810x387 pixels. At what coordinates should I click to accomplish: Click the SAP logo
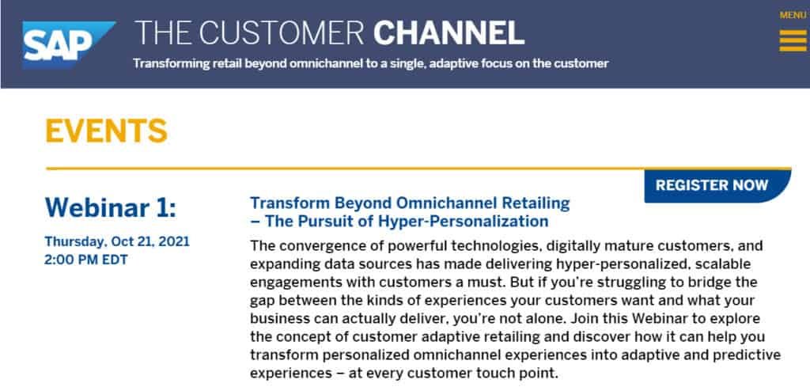[68, 44]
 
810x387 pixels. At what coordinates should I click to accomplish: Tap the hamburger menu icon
[793, 41]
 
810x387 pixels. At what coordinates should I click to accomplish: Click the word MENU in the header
[793, 16]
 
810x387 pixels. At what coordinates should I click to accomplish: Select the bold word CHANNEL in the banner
[449, 33]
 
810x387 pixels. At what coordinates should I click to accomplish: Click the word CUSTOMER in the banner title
[282, 33]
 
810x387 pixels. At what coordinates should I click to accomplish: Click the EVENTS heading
[107, 131]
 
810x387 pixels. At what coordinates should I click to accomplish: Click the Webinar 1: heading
[111, 207]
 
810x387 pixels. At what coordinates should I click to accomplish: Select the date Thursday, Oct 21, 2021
[117, 241]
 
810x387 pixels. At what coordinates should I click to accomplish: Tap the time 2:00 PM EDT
[86, 260]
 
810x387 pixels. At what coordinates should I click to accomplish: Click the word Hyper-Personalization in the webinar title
[463, 221]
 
